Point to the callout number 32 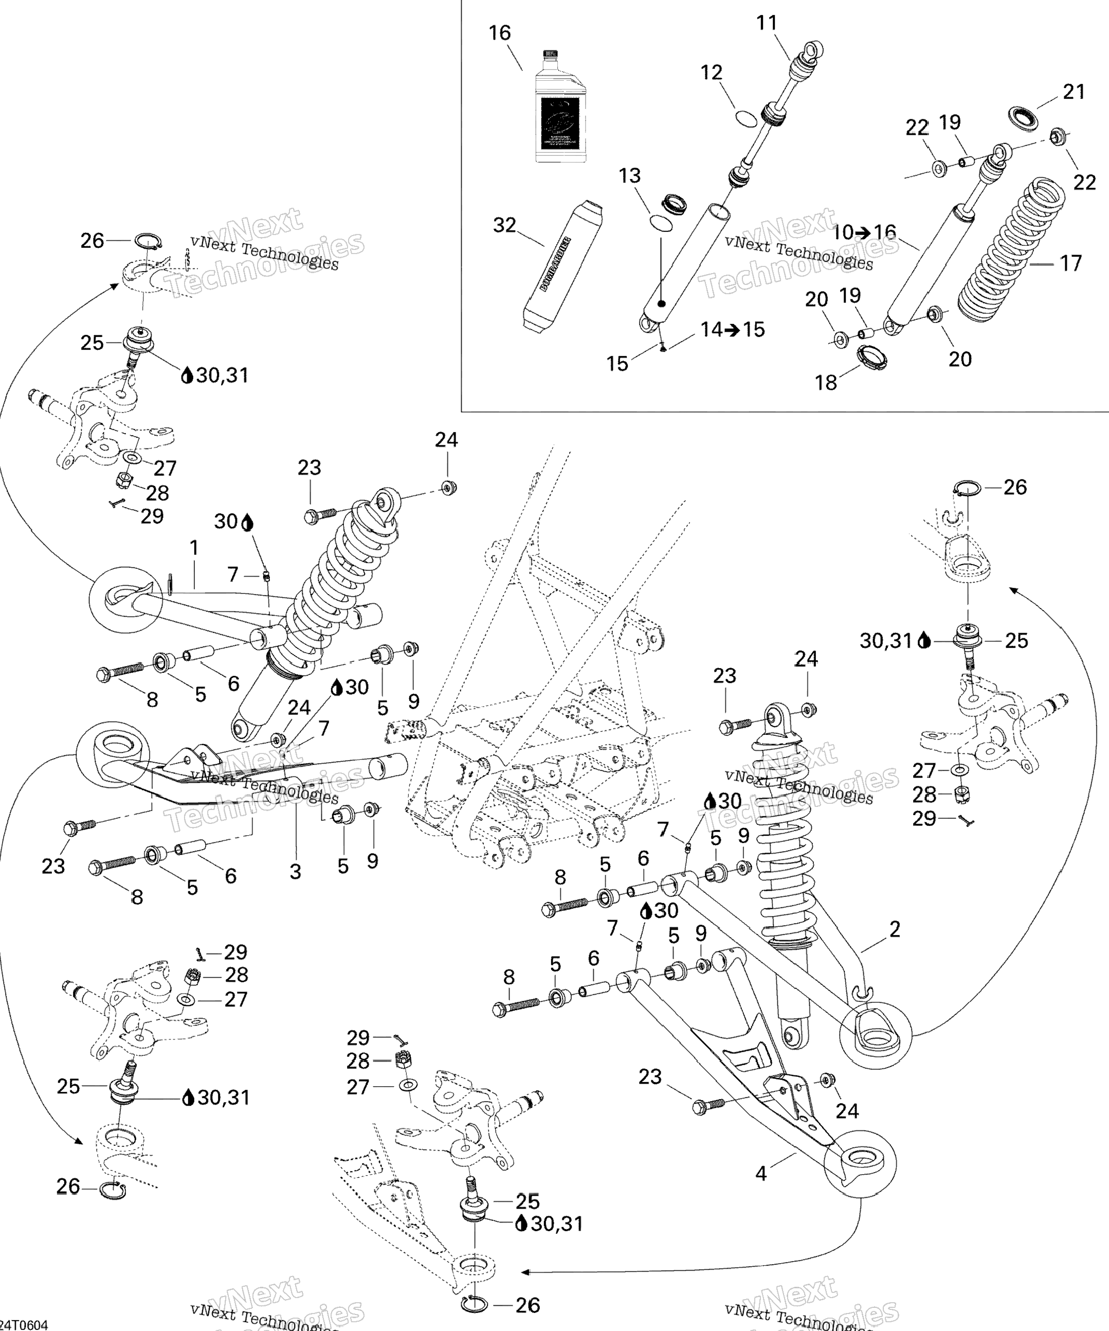pos(504,225)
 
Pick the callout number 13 pos(630,175)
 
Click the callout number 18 pos(826,382)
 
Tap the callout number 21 pos(1074,92)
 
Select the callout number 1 pos(194,548)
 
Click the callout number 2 pos(895,930)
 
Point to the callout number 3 pos(295,872)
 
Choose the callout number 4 pos(761,1174)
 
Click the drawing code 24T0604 pos(24,1325)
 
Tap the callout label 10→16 pos(864,232)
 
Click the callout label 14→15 pos(733,330)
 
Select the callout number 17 pos(1071,263)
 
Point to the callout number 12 pos(712,73)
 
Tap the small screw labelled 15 pos(662,347)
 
